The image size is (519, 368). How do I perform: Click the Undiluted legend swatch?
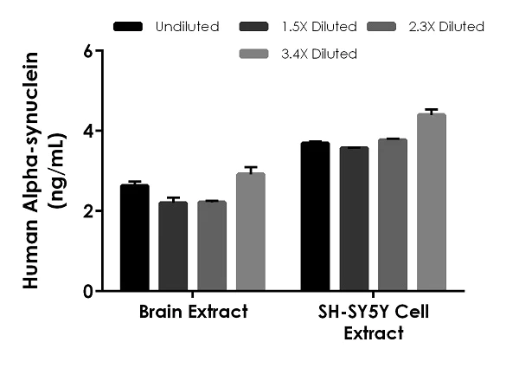[128, 26]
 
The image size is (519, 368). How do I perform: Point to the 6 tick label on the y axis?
[87, 51]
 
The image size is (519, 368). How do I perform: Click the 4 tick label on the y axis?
[87, 131]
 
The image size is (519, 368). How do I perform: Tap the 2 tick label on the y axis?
[87, 211]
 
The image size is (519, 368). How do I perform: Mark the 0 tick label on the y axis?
[87, 292]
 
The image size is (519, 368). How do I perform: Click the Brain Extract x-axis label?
[192, 313]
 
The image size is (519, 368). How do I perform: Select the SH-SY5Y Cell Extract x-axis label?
[373, 321]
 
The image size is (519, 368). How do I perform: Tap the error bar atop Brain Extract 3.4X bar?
[251, 169]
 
